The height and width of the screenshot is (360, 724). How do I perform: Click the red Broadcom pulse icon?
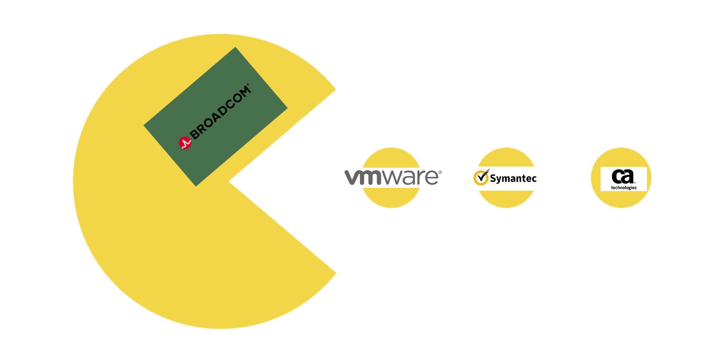click(185, 143)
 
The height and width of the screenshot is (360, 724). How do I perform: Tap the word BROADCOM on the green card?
click(220, 112)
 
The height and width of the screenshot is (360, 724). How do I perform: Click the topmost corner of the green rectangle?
click(235, 47)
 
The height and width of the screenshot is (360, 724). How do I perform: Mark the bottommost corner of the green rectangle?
click(196, 186)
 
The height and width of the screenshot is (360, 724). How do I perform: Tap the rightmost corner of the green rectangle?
click(288, 108)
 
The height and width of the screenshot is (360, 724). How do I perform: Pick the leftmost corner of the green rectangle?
click(144, 125)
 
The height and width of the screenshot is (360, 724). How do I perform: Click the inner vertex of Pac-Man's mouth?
click(229, 181)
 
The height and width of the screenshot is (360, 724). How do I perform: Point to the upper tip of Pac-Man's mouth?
click(336, 89)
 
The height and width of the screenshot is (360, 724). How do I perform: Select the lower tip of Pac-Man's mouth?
click(336, 273)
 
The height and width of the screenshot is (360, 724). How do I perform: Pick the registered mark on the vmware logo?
click(440, 172)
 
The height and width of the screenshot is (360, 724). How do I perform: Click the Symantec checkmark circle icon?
click(481, 177)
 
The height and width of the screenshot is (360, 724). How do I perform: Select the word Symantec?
click(513, 178)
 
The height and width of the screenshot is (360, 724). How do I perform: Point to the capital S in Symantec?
click(493, 178)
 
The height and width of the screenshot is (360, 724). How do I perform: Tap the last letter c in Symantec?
click(534, 179)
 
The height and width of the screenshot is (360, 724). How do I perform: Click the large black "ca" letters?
click(623, 176)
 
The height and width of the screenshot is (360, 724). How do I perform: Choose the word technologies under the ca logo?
click(624, 187)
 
